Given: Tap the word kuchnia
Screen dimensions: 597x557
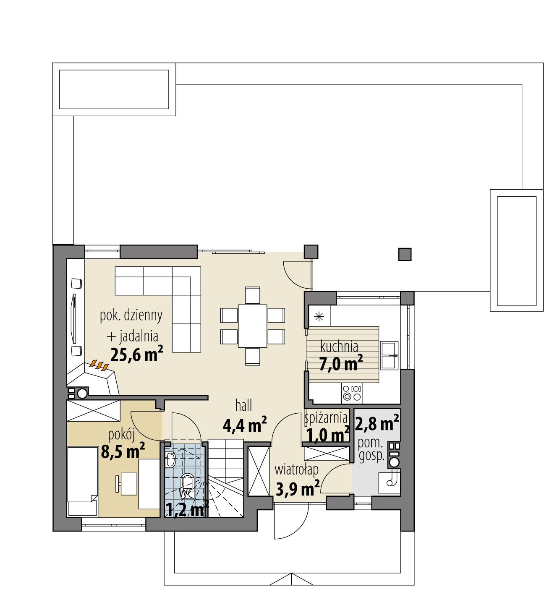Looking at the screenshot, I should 339,347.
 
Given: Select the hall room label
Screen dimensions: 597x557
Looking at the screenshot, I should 243,405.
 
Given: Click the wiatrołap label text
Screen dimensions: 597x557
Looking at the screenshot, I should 296,469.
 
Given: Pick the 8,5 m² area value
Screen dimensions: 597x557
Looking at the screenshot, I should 123,452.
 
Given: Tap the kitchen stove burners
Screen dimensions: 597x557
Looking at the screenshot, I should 351,392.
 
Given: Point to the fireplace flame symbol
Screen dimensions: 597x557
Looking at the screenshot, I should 100,365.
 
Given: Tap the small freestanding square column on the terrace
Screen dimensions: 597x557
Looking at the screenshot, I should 405,254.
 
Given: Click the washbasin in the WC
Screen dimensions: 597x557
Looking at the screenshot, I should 170,460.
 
